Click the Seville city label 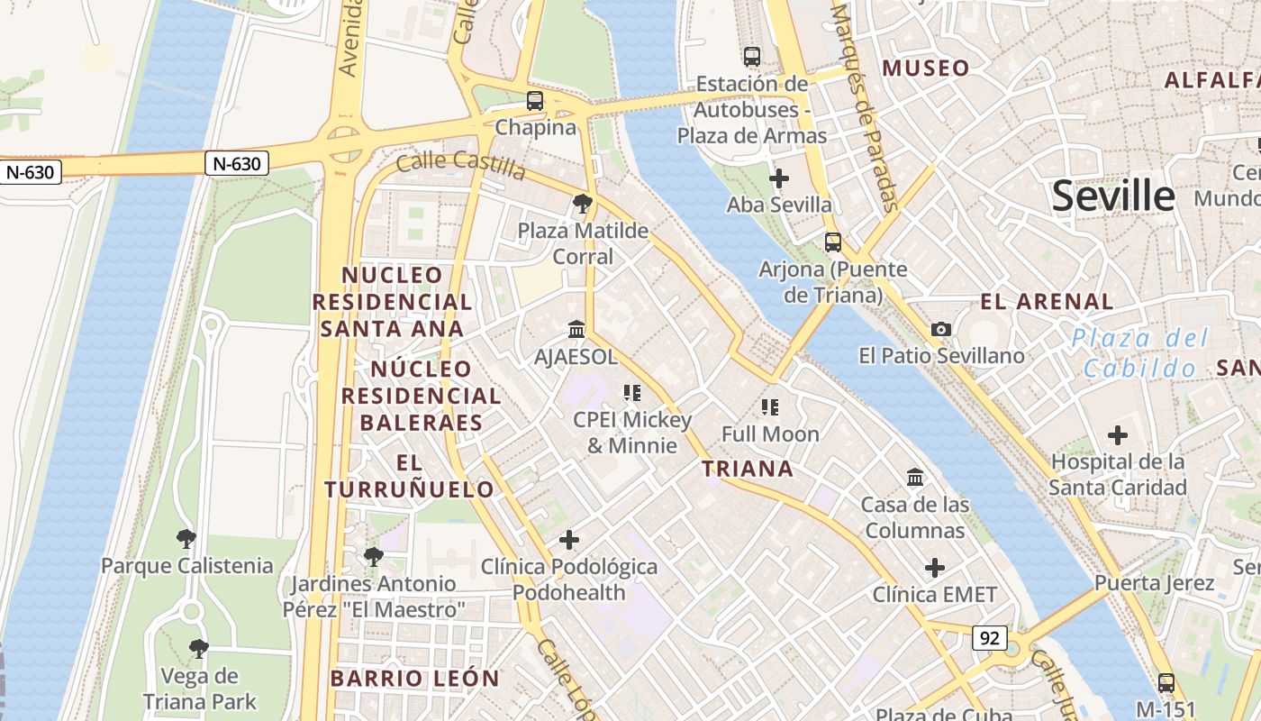pos(1113,196)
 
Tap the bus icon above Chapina pos(535,100)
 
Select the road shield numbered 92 pos(989,638)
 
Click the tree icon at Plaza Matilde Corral pos(582,204)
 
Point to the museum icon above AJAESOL pos(576,330)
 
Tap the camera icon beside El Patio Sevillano pos(941,329)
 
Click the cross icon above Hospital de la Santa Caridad pos(1118,435)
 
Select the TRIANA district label pos(748,469)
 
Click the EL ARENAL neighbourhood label pos(1047,302)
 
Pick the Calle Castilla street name pos(460,165)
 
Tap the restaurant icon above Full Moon pos(769,407)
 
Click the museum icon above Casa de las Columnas pos(915,477)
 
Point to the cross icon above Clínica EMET pos(935,568)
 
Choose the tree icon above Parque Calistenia pos(186,539)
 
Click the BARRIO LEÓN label pos(414,679)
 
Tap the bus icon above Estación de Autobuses pos(752,56)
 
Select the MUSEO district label pos(926,68)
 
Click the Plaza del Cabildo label pos(1140,353)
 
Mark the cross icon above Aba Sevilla pos(779,178)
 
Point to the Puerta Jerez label pos(1154,583)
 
